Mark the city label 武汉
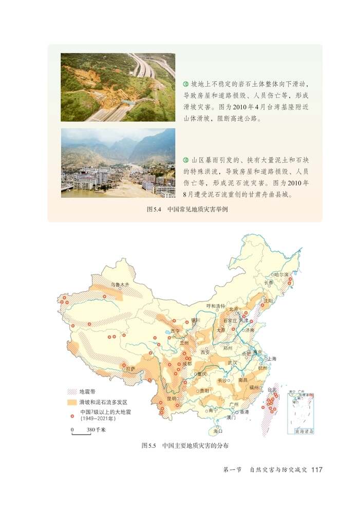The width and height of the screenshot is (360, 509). click(232, 362)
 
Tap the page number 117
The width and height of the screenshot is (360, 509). click(316, 484)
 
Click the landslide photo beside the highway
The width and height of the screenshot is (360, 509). click(118, 87)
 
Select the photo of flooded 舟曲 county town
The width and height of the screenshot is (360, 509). click(118, 163)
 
